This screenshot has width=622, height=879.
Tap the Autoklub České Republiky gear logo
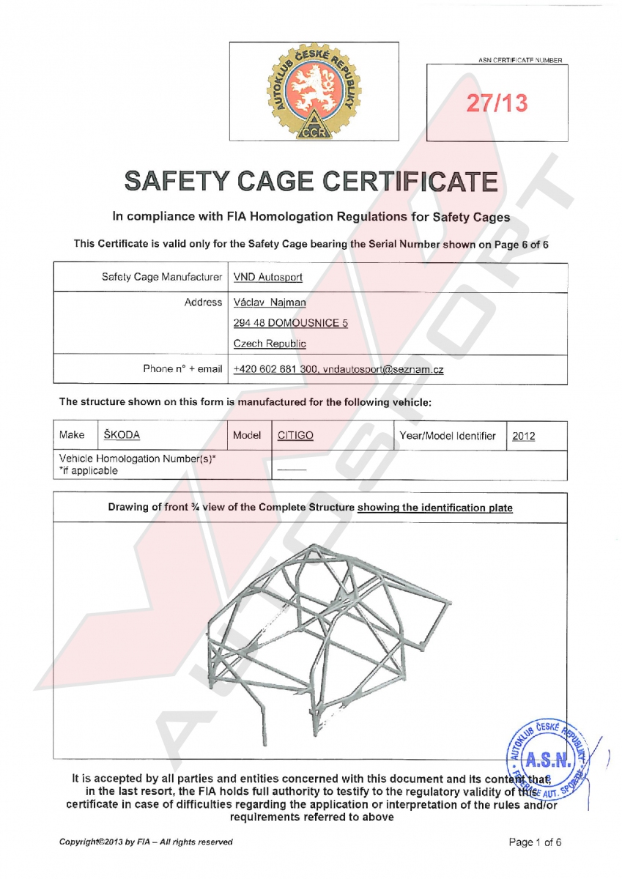click(x=314, y=91)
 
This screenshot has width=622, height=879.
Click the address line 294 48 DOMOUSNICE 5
click(x=290, y=323)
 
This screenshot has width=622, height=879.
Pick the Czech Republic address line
click(x=270, y=344)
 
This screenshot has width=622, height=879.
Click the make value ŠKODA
click(x=122, y=435)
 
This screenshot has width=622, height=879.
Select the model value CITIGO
click(x=295, y=436)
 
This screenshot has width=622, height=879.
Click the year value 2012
click(x=523, y=436)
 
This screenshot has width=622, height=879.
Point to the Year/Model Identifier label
click(x=448, y=436)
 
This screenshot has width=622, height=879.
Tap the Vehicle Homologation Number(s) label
click(x=137, y=459)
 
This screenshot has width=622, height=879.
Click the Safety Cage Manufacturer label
click(x=161, y=278)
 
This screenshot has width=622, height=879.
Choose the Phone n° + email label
click(x=182, y=370)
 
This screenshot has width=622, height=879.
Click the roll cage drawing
click(x=322, y=630)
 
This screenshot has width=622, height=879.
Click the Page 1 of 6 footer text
click(x=535, y=842)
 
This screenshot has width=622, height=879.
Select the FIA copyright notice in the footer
click(x=146, y=842)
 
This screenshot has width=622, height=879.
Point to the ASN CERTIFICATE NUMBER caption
click(x=521, y=60)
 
